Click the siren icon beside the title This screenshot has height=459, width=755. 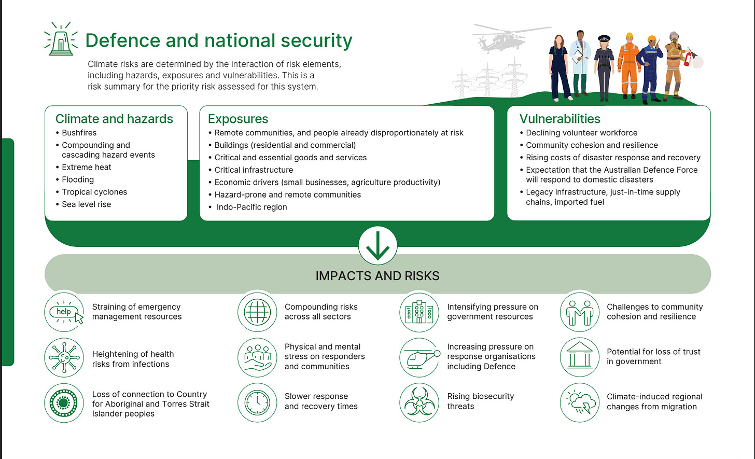tap(61, 40)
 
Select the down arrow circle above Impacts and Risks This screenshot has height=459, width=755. tap(378, 246)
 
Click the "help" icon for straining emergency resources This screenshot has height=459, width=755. tap(64, 312)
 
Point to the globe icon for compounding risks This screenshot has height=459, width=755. tap(257, 312)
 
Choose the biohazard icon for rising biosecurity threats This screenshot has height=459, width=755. tap(419, 402)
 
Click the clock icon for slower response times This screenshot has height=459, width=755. tap(257, 402)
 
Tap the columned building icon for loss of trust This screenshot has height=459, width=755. tap(580, 357)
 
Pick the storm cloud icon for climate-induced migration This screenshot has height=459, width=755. tap(580, 402)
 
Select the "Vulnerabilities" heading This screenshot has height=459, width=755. tap(560, 119)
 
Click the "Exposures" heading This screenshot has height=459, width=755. tap(237, 119)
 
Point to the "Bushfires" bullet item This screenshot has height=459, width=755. tap(79, 133)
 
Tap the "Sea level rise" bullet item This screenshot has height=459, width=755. tap(86, 204)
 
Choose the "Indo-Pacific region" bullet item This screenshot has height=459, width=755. tap(251, 207)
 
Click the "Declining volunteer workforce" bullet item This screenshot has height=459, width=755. tap(581, 133)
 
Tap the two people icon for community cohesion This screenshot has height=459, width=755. tap(580, 312)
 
